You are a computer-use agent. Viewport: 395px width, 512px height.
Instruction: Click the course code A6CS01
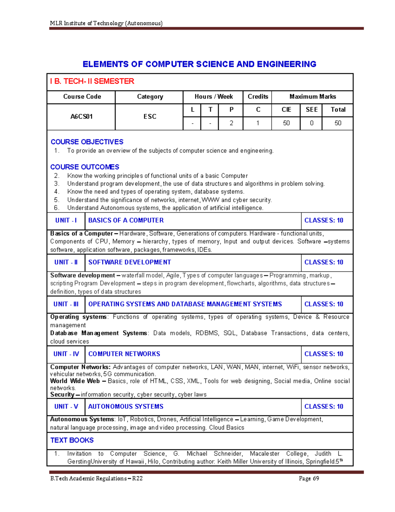(81, 117)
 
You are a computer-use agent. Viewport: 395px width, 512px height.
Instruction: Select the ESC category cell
(150, 117)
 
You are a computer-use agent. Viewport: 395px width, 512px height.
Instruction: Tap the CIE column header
(286, 110)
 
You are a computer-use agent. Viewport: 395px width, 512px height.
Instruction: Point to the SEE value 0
(311, 123)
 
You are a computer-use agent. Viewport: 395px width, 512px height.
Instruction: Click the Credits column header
(258, 97)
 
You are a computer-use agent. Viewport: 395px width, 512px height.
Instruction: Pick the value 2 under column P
(231, 123)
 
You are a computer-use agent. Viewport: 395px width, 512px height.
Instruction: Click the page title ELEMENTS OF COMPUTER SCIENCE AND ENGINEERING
(199, 64)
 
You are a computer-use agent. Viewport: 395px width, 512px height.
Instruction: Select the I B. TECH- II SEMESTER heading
(92, 81)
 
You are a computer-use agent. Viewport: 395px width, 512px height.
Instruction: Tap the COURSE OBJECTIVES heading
(87, 142)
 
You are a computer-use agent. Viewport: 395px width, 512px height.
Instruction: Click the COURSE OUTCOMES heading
(85, 167)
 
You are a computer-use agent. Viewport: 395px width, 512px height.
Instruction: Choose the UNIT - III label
(66, 304)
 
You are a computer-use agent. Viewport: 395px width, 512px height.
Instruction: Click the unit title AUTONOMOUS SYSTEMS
(126, 407)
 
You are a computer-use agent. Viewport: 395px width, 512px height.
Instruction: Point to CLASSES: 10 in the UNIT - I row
(324, 221)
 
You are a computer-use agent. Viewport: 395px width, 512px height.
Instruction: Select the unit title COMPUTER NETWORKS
(124, 354)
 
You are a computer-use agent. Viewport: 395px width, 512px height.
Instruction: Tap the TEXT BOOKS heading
(72, 440)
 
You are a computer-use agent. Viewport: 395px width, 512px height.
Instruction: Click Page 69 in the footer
(309, 478)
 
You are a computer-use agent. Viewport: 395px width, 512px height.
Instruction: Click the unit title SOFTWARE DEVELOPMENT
(130, 262)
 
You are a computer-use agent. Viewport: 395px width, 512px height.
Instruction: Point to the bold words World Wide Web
(75, 381)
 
